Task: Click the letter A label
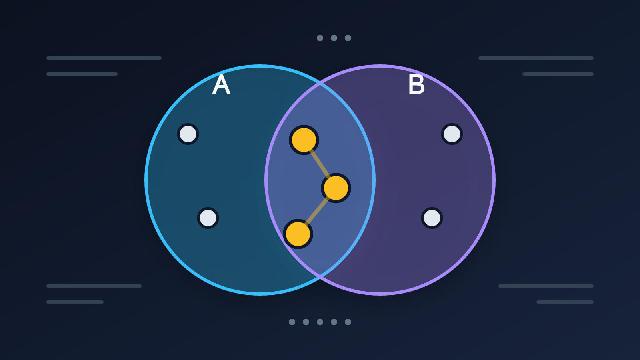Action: pos(221,84)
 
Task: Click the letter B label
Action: pos(416,84)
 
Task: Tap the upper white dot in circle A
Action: pos(188,134)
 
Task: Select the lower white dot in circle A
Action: pos(208,218)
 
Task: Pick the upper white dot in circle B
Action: pos(452,134)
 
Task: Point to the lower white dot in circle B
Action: pos(432,218)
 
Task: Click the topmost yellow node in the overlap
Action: pos(304,140)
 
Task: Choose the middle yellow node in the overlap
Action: pos(336,188)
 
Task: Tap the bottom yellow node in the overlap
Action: pos(298,234)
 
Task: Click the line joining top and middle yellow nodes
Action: pos(320,164)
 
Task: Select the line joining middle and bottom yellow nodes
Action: pos(317,211)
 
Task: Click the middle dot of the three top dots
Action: pos(334,38)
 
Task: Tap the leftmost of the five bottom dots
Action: pos(292,322)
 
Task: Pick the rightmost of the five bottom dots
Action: pos(348,322)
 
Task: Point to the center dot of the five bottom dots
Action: pos(320,322)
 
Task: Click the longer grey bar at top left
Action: pos(104,58)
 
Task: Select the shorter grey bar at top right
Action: pos(558,74)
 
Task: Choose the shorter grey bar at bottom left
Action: pos(75,302)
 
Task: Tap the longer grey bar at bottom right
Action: pos(546,286)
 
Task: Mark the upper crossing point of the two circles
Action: pos(320,83)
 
